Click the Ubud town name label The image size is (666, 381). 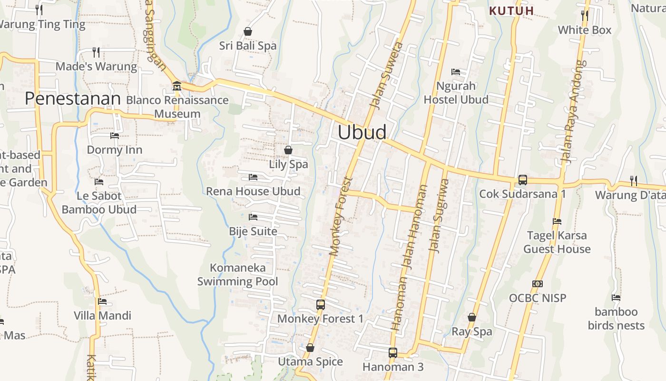[362, 132]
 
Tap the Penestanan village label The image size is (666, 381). [73, 99]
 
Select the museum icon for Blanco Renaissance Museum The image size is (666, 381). [177, 86]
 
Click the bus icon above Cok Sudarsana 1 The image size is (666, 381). [522, 180]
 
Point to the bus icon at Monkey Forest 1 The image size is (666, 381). [321, 305]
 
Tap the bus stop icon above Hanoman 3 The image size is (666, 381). [393, 353]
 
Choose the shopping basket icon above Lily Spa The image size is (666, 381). [288, 150]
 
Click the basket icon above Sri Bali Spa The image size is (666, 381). [248, 31]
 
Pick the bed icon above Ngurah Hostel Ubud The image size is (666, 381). [456, 72]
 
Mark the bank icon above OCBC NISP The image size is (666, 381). [538, 284]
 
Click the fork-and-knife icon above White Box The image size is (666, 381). [585, 16]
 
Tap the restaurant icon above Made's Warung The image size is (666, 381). [96, 52]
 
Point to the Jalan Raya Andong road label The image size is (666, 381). [572, 112]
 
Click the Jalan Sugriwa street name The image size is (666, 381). [439, 215]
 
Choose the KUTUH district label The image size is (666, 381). [512, 10]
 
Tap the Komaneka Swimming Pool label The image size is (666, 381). [237, 274]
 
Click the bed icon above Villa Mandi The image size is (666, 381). [102, 301]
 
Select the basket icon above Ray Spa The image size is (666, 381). [472, 317]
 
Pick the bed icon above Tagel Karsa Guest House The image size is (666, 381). [557, 221]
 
